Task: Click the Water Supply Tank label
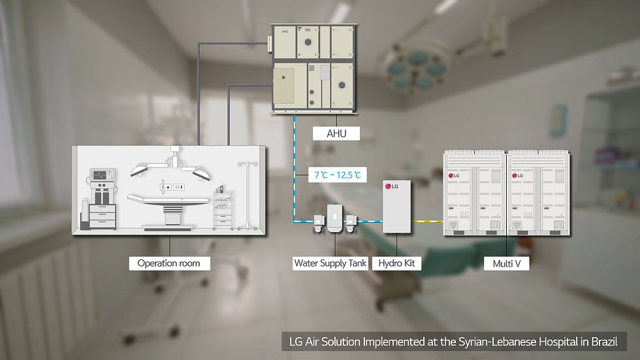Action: [330, 263]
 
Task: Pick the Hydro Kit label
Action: [396, 263]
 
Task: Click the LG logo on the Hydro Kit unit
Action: [392, 188]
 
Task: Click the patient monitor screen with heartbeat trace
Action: [101, 175]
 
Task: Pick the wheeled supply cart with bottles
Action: [223, 209]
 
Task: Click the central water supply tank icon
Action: [334, 217]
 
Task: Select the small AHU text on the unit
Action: [285, 31]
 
